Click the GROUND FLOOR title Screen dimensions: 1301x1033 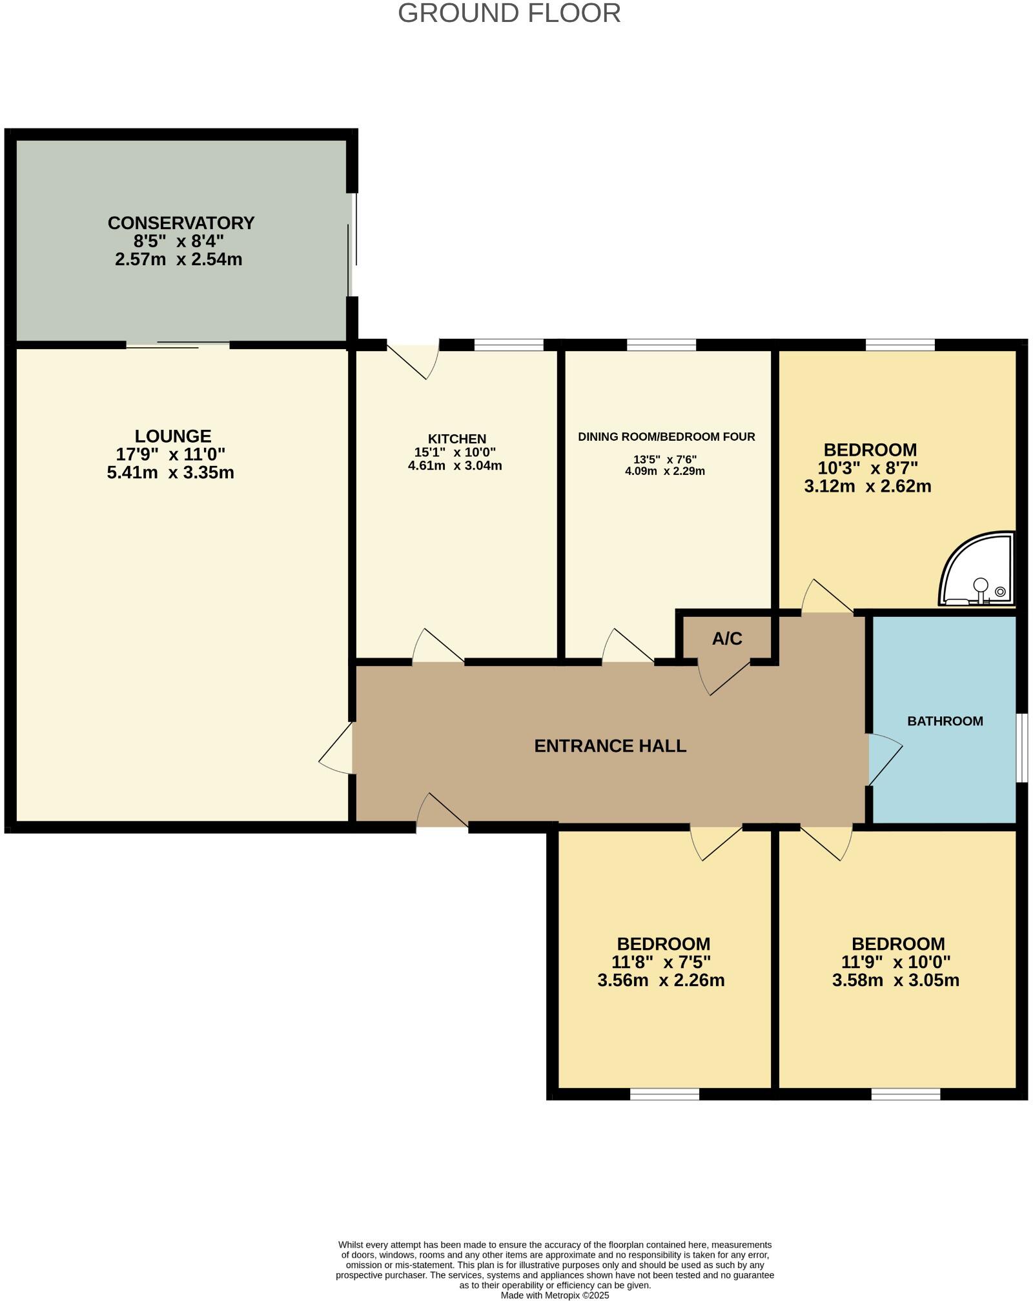(509, 14)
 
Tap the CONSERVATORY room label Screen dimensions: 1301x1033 (181, 223)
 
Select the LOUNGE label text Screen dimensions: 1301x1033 (173, 436)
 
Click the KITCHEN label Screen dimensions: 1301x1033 (456, 439)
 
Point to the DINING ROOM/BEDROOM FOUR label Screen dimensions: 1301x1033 (666, 437)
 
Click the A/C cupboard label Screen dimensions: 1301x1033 (727, 639)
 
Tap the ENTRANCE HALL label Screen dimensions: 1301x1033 (610, 746)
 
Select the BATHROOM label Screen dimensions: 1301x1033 (945, 721)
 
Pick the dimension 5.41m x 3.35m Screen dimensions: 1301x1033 (170, 473)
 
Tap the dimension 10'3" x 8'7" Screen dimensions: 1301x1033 (868, 468)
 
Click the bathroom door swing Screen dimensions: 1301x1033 (885, 761)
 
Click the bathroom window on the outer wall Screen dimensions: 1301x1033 (1021, 748)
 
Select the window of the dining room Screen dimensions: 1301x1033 (661, 345)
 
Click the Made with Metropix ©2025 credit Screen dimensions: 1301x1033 (555, 1295)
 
